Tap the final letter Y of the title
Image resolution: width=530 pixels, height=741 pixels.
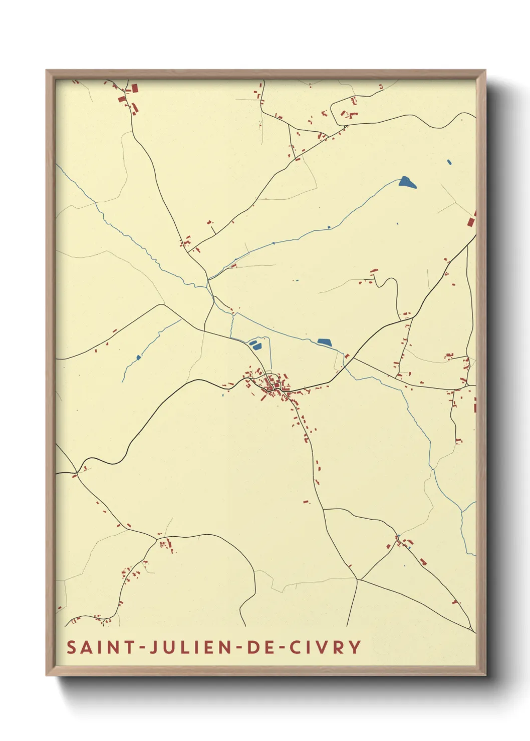tap(355, 647)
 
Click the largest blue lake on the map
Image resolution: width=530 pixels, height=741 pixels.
tap(407, 182)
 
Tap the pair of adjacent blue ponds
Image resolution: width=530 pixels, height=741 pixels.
tap(254, 344)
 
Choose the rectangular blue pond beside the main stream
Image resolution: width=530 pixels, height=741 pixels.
tap(325, 342)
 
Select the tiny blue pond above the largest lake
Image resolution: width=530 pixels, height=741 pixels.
tap(449, 162)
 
